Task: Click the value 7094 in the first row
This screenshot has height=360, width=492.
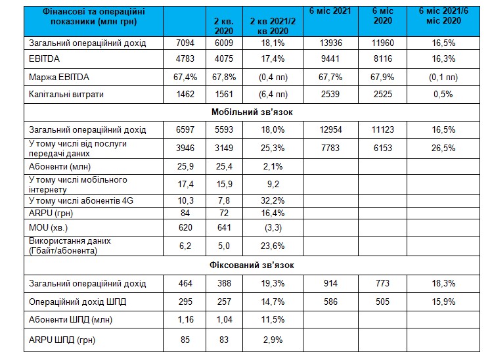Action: coord(185,43)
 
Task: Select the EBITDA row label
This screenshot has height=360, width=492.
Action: coord(44,58)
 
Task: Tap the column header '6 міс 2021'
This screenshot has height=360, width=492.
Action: coord(330,11)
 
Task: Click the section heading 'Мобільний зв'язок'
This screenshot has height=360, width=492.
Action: coord(252,112)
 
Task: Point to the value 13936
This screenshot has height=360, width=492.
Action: coord(330,43)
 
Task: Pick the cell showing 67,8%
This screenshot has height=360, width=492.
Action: coord(224,78)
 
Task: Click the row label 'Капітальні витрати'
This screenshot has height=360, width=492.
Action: coord(66,95)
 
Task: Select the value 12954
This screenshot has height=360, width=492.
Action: coord(330,129)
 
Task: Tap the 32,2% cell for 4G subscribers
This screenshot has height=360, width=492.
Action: coord(273,200)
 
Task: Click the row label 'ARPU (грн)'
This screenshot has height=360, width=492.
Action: coord(51,213)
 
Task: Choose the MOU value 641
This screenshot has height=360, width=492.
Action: coord(224,227)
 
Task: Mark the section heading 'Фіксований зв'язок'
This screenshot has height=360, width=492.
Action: coord(252,265)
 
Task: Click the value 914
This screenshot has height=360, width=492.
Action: coord(330,283)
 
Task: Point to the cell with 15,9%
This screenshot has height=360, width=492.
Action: coord(443,302)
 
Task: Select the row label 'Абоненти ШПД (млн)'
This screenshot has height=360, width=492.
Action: coord(70,319)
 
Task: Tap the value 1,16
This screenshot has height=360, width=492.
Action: coord(185,319)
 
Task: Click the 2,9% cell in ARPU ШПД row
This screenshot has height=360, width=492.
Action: coord(273,340)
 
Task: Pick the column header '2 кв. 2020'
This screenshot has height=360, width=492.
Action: coord(224,26)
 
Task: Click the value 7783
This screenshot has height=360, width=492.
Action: coord(330,148)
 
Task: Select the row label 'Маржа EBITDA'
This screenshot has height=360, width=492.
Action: coord(59,78)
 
